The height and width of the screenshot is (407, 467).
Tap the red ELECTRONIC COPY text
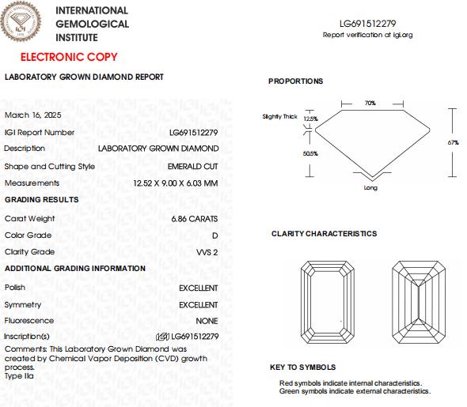coord(69,58)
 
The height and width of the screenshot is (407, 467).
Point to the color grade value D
coord(215,236)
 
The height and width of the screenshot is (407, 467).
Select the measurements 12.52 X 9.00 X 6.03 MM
coord(175,183)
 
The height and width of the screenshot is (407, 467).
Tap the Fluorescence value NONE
coord(207,321)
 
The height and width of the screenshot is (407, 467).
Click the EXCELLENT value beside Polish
coord(198,288)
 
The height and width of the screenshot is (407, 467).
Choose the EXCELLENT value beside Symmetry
coord(198,305)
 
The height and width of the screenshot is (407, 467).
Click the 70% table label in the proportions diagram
coord(370,104)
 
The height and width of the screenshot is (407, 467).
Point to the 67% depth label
coord(453,142)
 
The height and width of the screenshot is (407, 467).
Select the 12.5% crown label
coord(310,119)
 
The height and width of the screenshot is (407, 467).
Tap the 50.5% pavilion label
coord(310,153)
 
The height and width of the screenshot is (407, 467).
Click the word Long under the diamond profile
coord(370,188)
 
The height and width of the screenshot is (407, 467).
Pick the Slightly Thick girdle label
coord(279,117)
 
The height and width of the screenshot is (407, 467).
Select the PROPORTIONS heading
coord(295,81)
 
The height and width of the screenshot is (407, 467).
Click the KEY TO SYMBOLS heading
coord(302,367)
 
